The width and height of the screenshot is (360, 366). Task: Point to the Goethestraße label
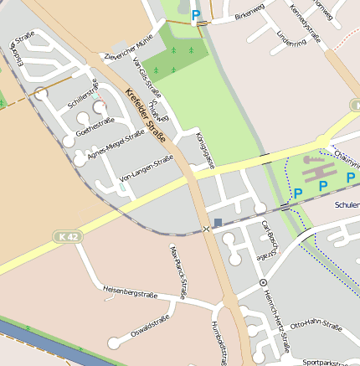pyautogui.click(x=95, y=126)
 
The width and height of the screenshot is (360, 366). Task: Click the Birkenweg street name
pyautogui.click(x=249, y=16)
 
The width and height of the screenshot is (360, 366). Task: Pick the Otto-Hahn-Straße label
pyautogui.click(x=315, y=325)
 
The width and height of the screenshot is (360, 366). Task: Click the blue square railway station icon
pyautogui.click(x=218, y=223)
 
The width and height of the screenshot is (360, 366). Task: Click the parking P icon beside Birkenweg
pyautogui.click(x=197, y=14)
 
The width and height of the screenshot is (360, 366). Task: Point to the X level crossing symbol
pyautogui.click(x=206, y=229)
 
